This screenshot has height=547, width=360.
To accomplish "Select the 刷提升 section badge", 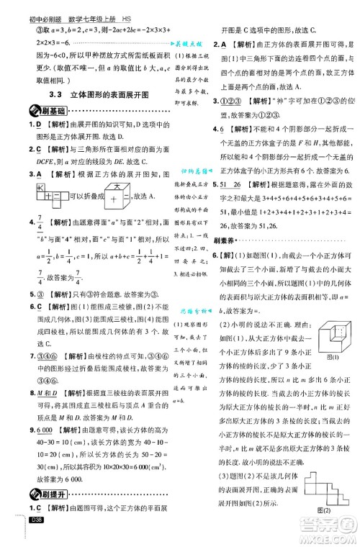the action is [35, 513].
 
